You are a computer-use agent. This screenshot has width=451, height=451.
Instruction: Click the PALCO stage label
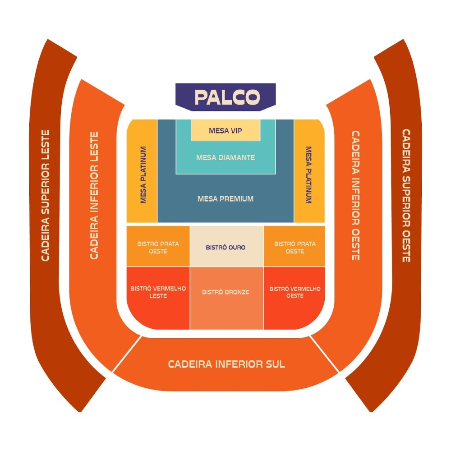(227, 97)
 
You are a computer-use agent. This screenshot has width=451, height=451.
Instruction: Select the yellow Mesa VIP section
(225, 131)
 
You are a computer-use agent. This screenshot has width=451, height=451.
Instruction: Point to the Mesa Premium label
(225, 198)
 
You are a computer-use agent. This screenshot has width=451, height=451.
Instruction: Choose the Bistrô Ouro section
(225, 248)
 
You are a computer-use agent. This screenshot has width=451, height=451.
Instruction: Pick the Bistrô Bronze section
(225, 292)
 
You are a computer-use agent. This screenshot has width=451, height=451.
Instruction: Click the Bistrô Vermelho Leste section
(158, 292)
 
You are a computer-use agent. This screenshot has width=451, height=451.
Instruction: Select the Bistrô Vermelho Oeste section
(295, 292)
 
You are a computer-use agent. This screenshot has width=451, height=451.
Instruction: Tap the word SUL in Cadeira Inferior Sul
(272, 364)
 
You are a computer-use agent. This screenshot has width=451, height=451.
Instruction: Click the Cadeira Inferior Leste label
(94, 195)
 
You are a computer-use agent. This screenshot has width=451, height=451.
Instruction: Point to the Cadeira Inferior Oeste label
(355, 195)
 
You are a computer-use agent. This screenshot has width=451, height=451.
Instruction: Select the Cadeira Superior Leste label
(45, 195)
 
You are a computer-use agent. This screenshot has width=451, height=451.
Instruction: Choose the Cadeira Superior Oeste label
(406, 195)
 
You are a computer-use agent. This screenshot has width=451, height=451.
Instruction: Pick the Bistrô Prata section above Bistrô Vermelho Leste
(158, 247)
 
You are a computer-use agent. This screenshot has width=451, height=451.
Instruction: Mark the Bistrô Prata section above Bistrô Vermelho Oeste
(295, 247)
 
